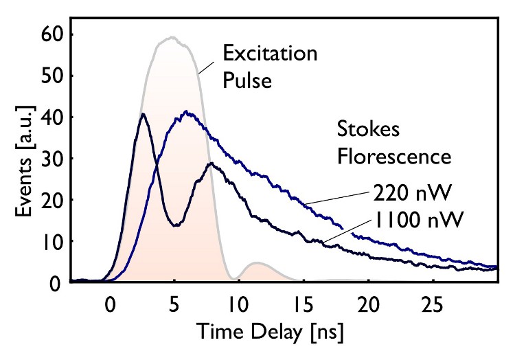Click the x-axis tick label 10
[238, 302]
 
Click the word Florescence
[393, 156]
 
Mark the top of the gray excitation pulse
[172, 37]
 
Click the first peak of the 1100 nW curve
[142, 114]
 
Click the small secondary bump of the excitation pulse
[257, 263]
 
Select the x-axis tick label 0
[108, 302]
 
